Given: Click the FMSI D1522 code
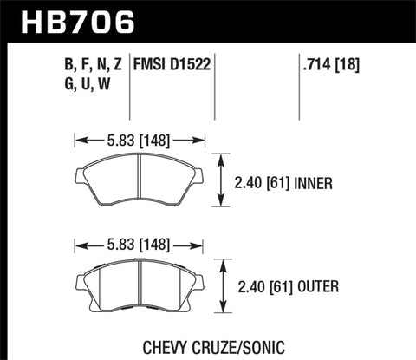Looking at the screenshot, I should tap(173, 63).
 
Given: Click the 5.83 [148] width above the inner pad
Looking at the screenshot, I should tap(140, 137).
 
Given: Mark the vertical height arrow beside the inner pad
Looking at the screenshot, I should tap(225, 182).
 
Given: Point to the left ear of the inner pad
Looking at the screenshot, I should tap(74, 178).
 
